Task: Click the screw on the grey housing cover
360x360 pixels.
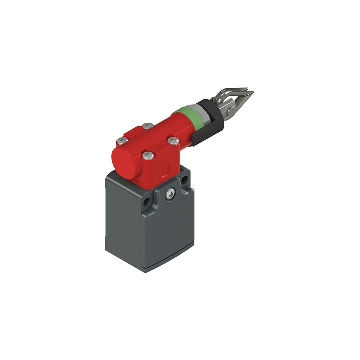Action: [x=170, y=194]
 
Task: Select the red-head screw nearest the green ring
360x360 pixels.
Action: [x=173, y=141]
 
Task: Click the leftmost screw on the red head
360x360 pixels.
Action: [x=123, y=140]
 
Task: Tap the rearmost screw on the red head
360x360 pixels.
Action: [x=147, y=126]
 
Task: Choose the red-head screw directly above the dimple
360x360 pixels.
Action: [x=148, y=156]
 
